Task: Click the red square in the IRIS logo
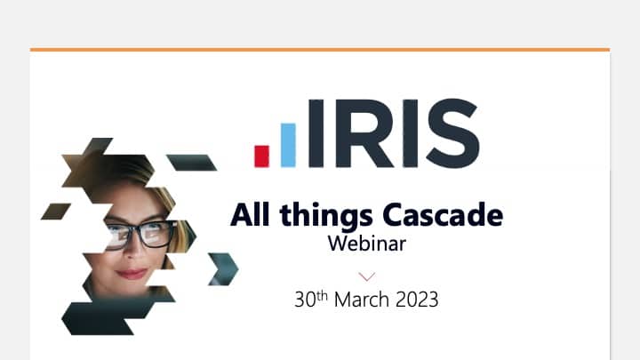tap(261, 156)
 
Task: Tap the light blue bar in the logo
tap(288, 145)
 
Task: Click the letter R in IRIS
tap(364, 133)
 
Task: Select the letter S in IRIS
tap(452, 133)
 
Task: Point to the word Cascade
tap(443, 215)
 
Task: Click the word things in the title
tap(326, 215)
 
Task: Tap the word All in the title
tap(250, 214)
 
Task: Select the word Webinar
tap(367, 244)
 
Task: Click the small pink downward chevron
tap(366, 276)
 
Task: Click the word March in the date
tap(361, 300)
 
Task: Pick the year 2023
tap(417, 300)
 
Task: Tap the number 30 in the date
tap(305, 300)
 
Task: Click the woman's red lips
tap(132, 273)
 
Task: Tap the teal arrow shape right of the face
tap(223, 269)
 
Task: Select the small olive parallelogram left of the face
tap(56, 211)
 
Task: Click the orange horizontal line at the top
tap(320, 50)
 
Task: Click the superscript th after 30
tap(322, 295)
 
